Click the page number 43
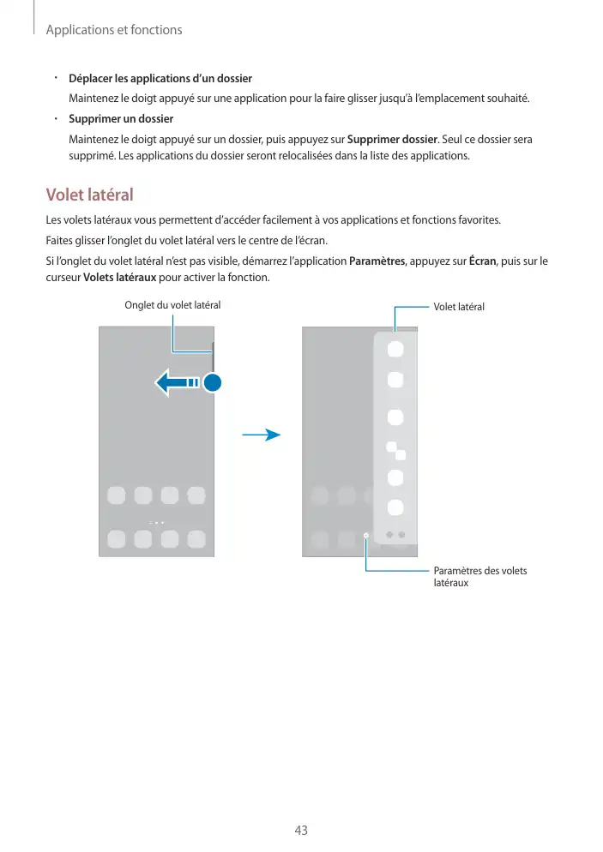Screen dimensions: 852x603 tap(301, 831)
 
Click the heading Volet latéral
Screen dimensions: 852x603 tap(89, 195)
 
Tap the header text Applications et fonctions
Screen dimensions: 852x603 tap(113, 30)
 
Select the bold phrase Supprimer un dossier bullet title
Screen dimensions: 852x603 tap(121, 118)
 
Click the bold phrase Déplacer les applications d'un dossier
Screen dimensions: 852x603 tap(160, 79)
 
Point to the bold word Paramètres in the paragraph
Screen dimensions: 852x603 tap(378, 261)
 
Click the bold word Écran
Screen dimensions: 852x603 tap(484, 261)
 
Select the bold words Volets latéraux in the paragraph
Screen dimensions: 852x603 tap(119, 278)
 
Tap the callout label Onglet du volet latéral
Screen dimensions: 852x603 tap(172, 305)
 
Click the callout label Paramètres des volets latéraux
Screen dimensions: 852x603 tap(480, 577)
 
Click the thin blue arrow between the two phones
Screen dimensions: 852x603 tap(262, 435)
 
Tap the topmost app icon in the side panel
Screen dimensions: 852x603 tap(395, 349)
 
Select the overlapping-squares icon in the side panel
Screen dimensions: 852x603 tap(395, 449)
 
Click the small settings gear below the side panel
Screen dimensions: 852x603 tap(366, 534)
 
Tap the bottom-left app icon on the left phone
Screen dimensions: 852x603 tap(117, 538)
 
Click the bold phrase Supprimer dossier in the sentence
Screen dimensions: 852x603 tap(392, 139)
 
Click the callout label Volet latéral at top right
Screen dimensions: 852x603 tap(459, 306)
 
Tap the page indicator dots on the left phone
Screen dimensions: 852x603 tap(156, 521)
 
